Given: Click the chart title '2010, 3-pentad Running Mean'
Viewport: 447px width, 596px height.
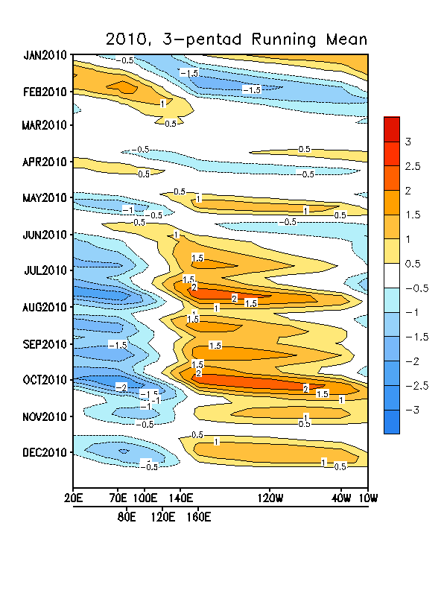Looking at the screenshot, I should coord(237,38).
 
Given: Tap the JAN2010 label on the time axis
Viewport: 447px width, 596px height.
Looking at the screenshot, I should coord(45,55).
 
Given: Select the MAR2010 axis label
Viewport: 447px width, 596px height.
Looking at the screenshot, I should coord(45,125).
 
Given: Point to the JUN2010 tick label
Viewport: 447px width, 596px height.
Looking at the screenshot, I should coord(45,235).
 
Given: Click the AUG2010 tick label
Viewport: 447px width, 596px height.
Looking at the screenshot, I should coord(45,307).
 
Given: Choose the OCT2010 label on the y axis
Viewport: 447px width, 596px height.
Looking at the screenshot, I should coord(45,380).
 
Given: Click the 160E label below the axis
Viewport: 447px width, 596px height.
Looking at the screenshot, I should coord(199,516).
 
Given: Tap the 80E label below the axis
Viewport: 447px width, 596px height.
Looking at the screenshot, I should coord(127,516).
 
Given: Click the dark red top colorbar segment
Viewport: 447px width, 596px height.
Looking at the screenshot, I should coord(392,128).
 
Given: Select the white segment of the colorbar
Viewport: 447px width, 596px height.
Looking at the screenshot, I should coord(392,275).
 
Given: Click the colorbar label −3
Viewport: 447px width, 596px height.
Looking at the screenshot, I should coord(412,409).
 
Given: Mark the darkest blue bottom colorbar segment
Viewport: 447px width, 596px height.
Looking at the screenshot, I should coord(392,421).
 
